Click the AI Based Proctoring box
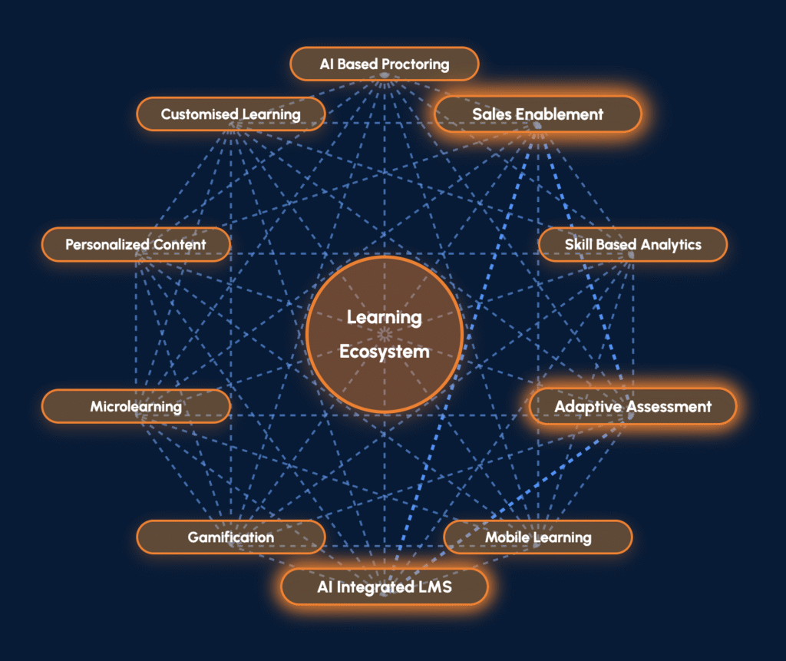click(x=384, y=64)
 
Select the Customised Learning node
click(x=230, y=114)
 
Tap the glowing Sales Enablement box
click(x=537, y=114)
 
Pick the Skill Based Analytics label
click(x=632, y=244)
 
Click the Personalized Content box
click(x=135, y=244)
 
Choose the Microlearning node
click(x=135, y=406)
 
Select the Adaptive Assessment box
click(x=632, y=406)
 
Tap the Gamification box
click(x=230, y=537)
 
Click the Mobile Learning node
click(x=537, y=537)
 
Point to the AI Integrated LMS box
click(x=384, y=588)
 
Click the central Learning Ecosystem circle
click(x=384, y=334)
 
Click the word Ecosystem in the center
click(x=384, y=352)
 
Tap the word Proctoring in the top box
click(x=415, y=64)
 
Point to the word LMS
click(x=434, y=588)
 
